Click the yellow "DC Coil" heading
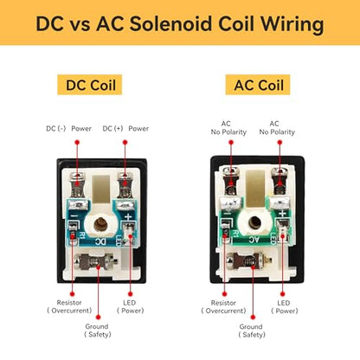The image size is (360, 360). click(x=90, y=85)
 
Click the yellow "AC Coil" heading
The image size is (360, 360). click(x=258, y=85)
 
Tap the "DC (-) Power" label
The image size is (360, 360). click(x=68, y=128)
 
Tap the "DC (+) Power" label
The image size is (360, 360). click(x=125, y=128)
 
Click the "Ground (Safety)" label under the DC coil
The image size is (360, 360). click(x=98, y=331)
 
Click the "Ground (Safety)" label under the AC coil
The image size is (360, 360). click(x=252, y=331)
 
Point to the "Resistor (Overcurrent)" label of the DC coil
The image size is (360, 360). click(x=69, y=306)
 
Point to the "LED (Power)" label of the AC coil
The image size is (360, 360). click(x=284, y=306)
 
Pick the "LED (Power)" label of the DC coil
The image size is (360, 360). click(x=130, y=306)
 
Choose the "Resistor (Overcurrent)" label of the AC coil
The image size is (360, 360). click(x=223, y=306)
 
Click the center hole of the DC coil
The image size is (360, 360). click(x=100, y=223)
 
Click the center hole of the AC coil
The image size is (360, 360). click(x=254, y=222)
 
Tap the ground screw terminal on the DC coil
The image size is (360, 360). click(x=95, y=261)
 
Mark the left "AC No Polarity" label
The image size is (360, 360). click(x=228, y=128)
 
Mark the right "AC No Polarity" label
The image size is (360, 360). click(x=277, y=128)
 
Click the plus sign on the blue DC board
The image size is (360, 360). click(x=127, y=216)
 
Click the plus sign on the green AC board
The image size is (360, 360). click(x=282, y=214)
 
